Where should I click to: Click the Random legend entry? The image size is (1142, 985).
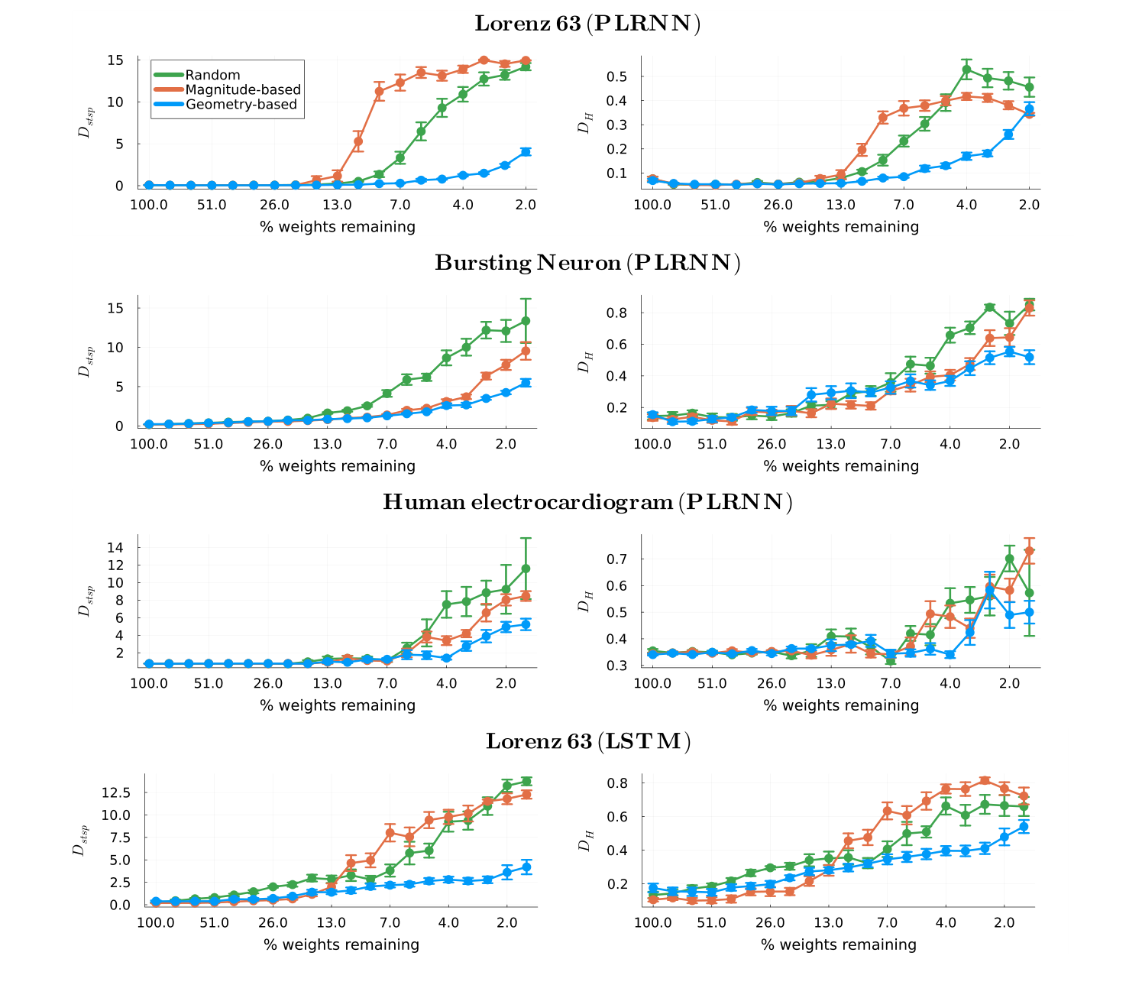pos(212,75)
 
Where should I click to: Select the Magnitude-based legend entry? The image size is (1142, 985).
pos(242,89)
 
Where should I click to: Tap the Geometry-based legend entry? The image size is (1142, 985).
pos(241,104)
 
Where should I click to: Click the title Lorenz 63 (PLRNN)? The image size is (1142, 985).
pos(587,24)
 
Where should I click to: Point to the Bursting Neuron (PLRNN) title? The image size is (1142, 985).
pos(587,263)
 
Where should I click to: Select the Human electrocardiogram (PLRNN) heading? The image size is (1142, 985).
pos(587,502)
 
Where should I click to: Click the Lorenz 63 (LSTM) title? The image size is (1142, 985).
pos(587,741)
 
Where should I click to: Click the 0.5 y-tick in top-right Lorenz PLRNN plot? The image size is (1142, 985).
pos(616,76)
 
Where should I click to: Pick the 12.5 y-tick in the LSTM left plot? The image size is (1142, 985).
pos(115,792)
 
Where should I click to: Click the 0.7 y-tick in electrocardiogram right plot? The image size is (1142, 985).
pos(616,559)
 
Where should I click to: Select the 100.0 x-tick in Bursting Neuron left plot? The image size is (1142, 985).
pos(149,445)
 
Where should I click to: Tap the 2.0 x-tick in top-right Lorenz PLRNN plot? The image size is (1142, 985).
pos(1029,205)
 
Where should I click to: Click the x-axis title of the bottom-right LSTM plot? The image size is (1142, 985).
pos(838,944)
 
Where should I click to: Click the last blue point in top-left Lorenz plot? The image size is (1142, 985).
pos(526,152)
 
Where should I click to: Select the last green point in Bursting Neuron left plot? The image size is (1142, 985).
pos(526,321)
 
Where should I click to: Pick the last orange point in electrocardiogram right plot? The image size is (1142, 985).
pos(1029,551)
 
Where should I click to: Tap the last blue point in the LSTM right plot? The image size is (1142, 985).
pos(1024,827)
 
